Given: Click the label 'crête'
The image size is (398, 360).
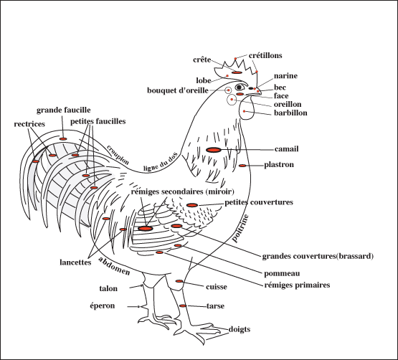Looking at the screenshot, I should (x=202, y=60).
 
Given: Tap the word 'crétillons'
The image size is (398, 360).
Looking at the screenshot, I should (x=265, y=55).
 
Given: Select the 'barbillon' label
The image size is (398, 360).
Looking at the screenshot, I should (x=290, y=113).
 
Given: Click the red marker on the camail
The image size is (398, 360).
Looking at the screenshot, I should (x=213, y=149).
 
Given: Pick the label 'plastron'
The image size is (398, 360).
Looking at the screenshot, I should (x=280, y=165).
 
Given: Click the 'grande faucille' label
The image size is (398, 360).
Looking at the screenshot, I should (x=63, y=110).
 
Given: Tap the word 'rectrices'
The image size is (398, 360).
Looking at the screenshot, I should (x=29, y=124).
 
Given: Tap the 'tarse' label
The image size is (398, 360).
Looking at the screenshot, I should (x=216, y=306).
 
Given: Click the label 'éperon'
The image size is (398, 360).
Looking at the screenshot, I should (x=115, y=306).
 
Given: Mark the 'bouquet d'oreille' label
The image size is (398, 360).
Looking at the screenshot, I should (x=177, y=90).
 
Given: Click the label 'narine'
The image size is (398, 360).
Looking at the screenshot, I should (x=285, y=76).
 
